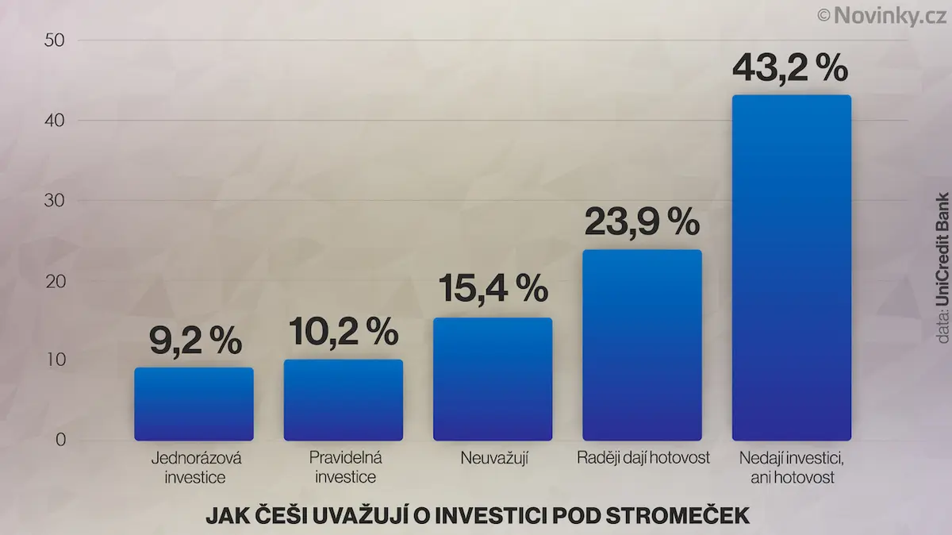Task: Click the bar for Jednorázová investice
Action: tap(194, 404)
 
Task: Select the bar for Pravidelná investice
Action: tap(344, 400)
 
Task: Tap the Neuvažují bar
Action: tap(493, 379)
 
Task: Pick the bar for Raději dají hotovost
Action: tap(642, 345)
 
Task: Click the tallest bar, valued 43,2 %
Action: tap(792, 267)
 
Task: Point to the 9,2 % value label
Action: tap(195, 341)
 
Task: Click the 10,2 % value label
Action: tap(344, 331)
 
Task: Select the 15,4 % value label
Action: tap(493, 288)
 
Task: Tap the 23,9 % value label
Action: tap(642, 221)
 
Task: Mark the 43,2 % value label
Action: tap(790, 68)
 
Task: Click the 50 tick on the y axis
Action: tap(55, 40)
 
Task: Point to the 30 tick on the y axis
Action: tap(55, 200)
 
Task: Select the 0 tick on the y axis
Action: tap(61, 440)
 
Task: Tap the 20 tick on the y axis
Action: tap(56, 281)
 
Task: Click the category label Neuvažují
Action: tap(494, 459)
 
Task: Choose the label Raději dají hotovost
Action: tap(643, 458)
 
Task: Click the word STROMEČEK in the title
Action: tap(678, 516)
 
